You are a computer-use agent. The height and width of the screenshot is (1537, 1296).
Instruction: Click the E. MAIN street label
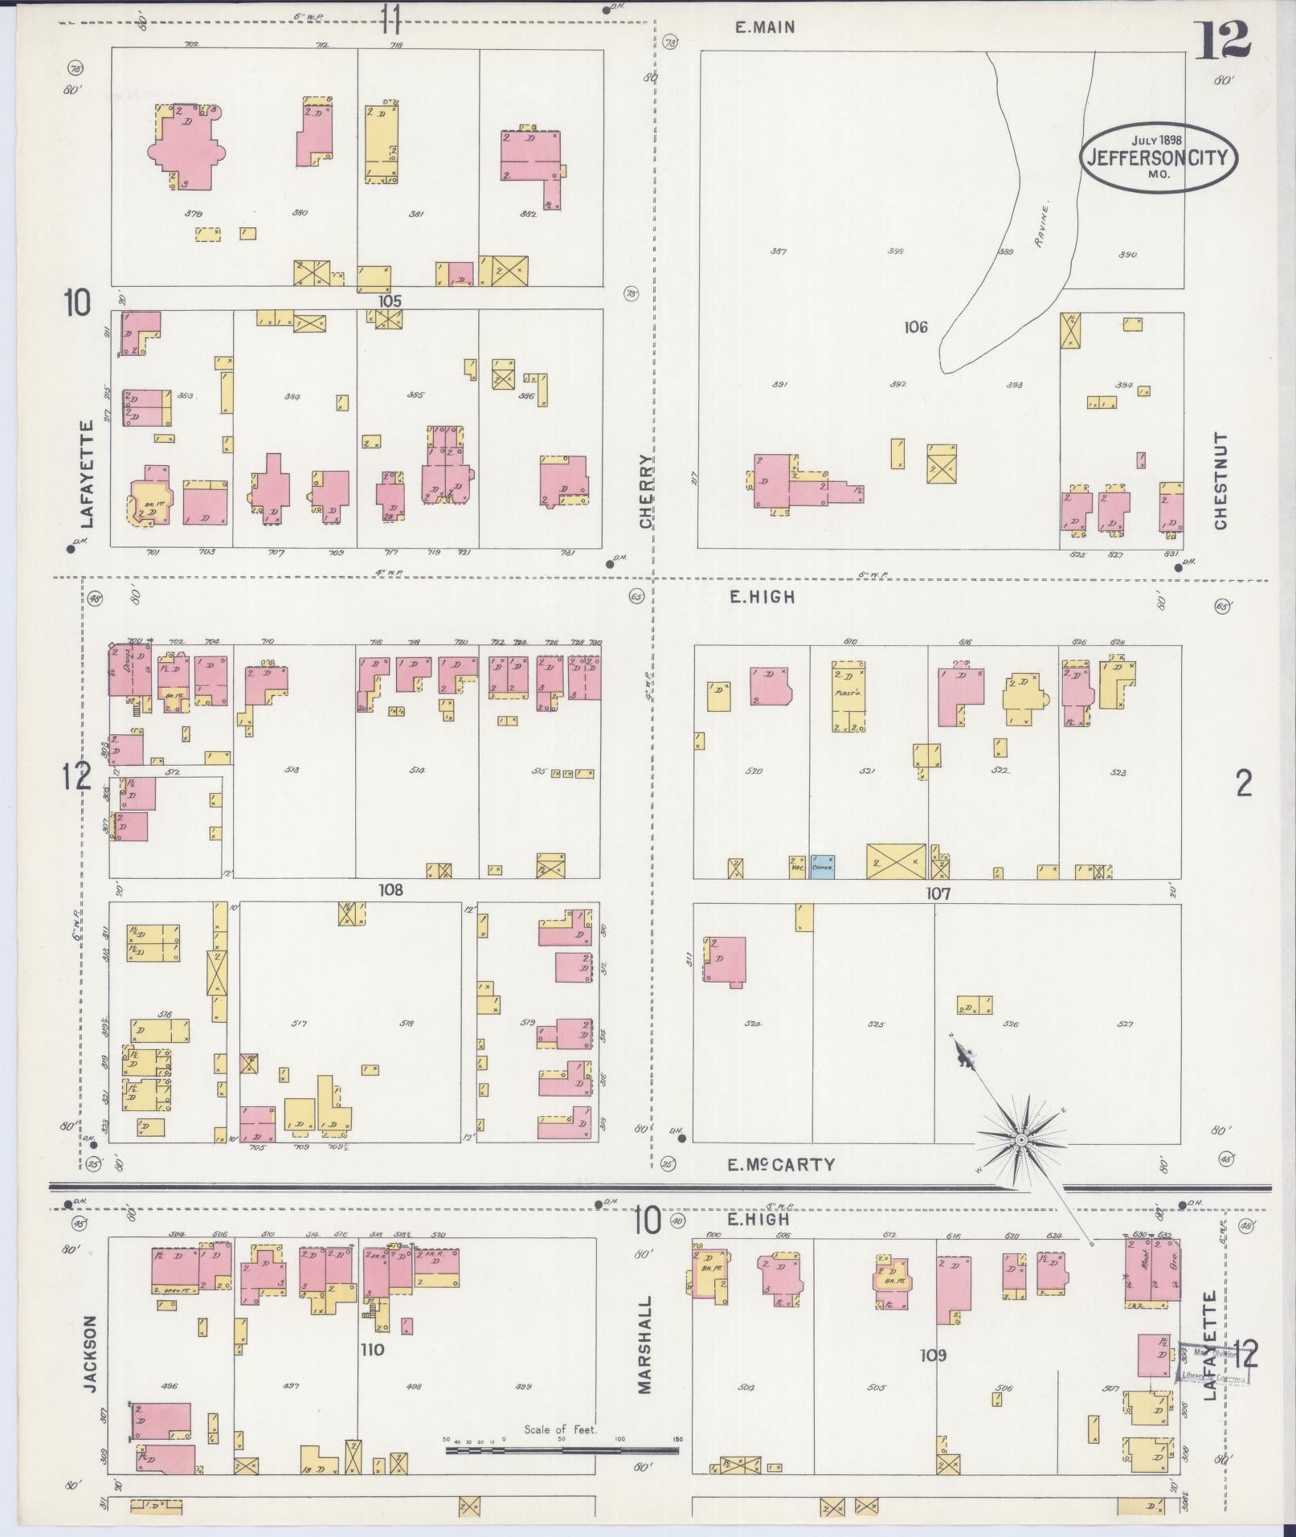(766, 27)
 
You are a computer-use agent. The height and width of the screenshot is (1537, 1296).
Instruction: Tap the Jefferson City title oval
(1158, 157)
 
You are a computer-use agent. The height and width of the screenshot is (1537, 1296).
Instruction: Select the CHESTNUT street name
(1221, 481)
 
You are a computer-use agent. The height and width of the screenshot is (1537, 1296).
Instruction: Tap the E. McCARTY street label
(782, 1164)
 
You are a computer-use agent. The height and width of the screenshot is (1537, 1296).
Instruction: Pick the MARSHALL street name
(646, 1334)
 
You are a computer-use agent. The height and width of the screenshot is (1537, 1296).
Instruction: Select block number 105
(390, 300)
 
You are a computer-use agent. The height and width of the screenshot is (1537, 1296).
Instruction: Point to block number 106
(915, 327)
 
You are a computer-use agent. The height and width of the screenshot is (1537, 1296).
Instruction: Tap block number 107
(938, 893)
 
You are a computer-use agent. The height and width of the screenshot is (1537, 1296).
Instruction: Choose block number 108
(391, 890)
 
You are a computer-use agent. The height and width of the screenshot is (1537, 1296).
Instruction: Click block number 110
(373, 1350)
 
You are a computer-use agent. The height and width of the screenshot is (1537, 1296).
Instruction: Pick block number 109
(934, 1355)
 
